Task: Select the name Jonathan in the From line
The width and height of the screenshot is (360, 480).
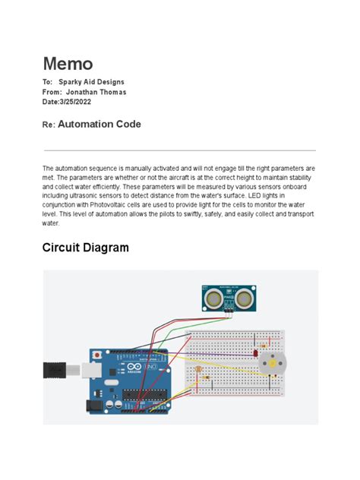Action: point(89,92)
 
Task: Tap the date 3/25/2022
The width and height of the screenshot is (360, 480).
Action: point(82,103)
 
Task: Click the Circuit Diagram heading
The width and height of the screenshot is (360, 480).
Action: point(85,248)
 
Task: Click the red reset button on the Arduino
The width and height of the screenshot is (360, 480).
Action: point(96,355)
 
